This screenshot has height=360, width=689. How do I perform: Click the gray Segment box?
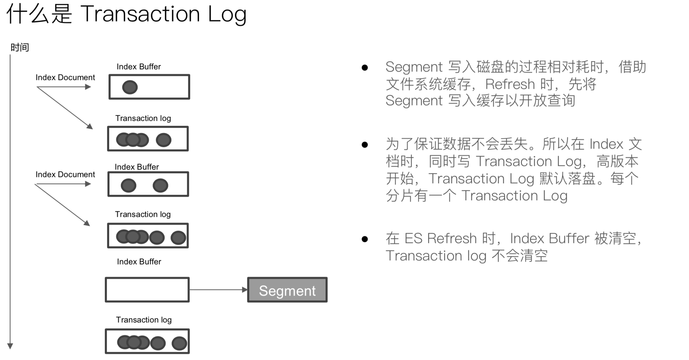(287, 290)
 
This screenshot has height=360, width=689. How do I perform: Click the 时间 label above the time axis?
(20, 48)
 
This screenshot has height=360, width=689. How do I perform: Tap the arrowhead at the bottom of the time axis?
(10, 346)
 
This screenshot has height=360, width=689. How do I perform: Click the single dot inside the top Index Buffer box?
(130, 87)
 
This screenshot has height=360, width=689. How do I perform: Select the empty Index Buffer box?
(147, 290)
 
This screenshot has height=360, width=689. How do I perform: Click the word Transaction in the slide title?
(140, 14)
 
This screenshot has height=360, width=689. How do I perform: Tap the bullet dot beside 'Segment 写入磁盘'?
(365, 68)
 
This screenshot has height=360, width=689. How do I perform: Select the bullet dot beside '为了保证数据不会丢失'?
(365, 145)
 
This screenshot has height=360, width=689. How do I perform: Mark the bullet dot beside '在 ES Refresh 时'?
(365, 239)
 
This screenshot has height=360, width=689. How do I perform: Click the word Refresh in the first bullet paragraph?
(510, 84)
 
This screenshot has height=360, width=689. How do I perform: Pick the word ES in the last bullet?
(413, 238)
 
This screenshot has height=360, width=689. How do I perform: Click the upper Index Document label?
(65, 77)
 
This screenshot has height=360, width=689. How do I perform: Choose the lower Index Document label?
(65, 174)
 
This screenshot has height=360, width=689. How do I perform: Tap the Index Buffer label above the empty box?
(139, 262)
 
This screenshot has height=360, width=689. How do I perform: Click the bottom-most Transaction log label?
(143, 320)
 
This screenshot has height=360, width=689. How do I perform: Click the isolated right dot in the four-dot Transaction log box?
(163, 140)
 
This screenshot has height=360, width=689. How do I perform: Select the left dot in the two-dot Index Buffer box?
(128, 186)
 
